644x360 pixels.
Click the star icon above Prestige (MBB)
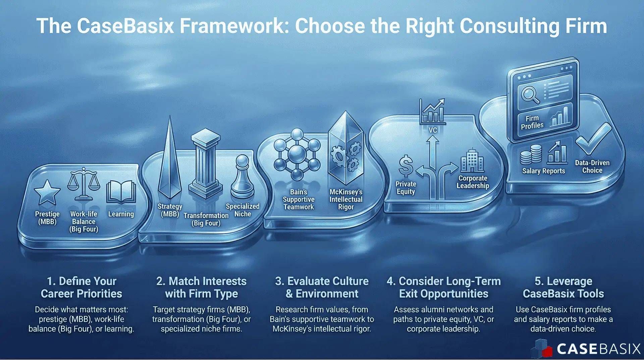[x=47, y=193]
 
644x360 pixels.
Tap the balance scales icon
[x=84, y=184]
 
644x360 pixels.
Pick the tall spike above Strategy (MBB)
[x=170, y=161]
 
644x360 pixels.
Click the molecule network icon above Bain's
[x=297, y=154]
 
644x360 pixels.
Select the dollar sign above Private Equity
[x=406, y=166]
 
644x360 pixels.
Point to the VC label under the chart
[x=433, y=130]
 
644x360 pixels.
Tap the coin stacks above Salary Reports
[x=531, y=154]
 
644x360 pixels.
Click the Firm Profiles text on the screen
[x=532, y=122]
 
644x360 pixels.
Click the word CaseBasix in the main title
[x=125, y=26]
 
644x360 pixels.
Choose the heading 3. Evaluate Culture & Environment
[x=322, y=287]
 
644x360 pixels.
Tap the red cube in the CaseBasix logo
[x=547, y=352]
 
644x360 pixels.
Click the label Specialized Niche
[x=243, y=210]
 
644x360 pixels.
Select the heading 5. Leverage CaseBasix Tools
[x=563, y=287]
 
